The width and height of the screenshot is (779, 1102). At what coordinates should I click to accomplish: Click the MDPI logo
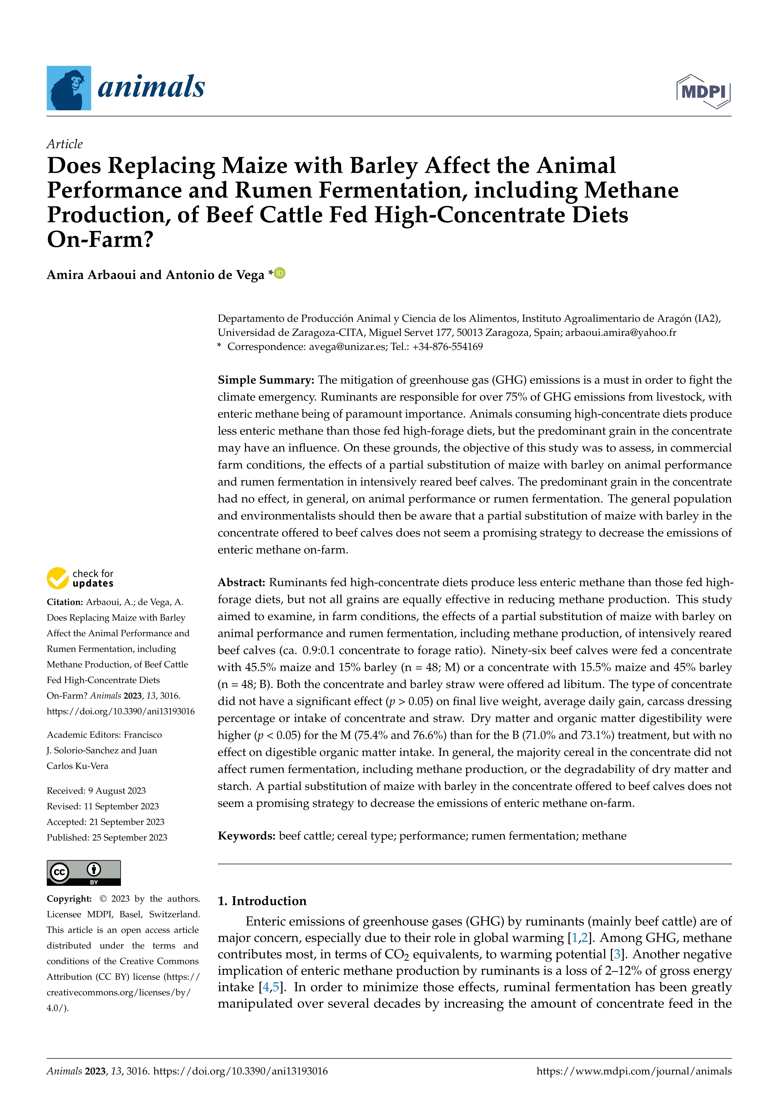(x=703, y=91)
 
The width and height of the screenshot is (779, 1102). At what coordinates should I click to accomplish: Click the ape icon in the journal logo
(x=68, y=88)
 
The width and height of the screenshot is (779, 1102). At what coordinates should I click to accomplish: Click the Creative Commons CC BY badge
(x=84, y=873)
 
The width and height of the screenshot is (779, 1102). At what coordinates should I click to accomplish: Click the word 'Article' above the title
(x=64, y=144)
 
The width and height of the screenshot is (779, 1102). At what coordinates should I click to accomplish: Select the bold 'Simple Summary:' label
(x=266, y=380)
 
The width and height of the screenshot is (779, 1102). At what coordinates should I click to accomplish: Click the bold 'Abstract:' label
(x=241, y=583)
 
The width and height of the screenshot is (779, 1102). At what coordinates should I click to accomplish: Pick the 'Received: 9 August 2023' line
(x=96, y=791)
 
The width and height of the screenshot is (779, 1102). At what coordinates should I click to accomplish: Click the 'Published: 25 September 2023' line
(x=106, y=837)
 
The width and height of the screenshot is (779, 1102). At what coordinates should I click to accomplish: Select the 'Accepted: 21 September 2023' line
(x=105, y=822)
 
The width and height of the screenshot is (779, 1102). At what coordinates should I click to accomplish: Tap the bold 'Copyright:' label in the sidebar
(x=68, y=898)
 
